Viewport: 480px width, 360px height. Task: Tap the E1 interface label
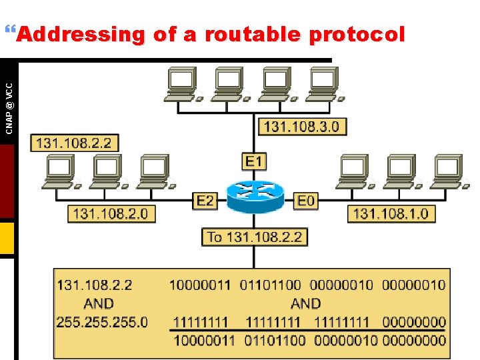coord(255,161)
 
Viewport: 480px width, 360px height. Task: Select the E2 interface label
coord(205,200)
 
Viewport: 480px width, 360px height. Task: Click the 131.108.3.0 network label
coord(302,126)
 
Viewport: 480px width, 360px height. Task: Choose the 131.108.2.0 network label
coord(110,214)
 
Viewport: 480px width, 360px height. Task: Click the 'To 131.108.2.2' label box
coord(255,237)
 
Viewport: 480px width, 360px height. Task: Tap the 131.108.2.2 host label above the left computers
coord(73,143)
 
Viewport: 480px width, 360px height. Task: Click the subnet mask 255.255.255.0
coord(102,322)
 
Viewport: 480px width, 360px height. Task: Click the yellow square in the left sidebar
coord(7,238)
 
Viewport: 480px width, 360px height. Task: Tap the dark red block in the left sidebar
coord(7,181)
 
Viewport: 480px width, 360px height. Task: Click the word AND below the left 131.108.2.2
coord(99,303)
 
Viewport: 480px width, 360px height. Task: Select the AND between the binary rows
coord(305,303)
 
